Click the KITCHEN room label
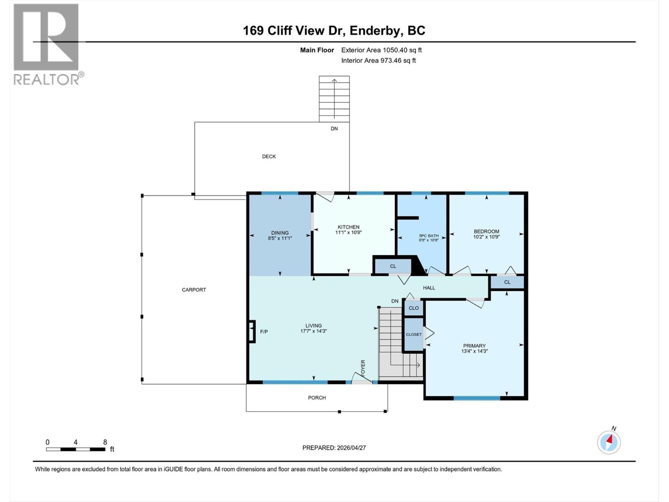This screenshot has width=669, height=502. [348, 227]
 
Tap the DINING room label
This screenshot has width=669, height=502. [280, 233]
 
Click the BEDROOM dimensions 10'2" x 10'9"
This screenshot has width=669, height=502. [486, 237]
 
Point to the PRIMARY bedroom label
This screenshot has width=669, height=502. [474, 346]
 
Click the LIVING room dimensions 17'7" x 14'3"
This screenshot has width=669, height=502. [313, 331]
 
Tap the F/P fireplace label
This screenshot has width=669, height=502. [264, 332]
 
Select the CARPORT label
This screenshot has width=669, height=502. [194, 289]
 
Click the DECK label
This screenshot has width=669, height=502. [269, 156]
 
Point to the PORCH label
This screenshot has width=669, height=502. [317, 397]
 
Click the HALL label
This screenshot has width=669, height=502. [429, 288]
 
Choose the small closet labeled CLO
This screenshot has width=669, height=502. [414, 308]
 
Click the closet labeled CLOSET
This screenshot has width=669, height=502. [414, 334]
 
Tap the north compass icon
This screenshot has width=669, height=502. [609, 441]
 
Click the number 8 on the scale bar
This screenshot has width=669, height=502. [105, 442]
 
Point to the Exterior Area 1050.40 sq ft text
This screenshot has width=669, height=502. [381, 50]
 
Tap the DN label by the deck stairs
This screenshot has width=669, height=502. [334, 128]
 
